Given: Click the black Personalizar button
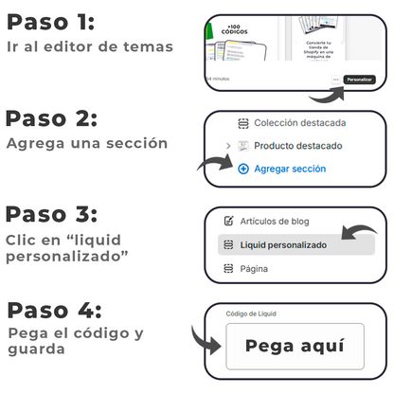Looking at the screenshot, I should [x=359, y=80].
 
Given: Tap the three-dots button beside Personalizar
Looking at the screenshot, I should [x=336, y=80].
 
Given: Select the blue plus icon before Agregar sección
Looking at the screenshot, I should [x=243, y=169].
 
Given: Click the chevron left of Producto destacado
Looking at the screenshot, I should [x=227, y=146].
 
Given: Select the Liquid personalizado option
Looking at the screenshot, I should [x=284, y=244].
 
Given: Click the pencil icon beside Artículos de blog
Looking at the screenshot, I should [x=227, y=221].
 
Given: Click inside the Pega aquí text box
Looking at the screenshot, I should [x=295, y=346].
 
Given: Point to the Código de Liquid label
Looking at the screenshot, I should [x=251, y=314].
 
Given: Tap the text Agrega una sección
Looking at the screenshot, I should [x=87, y=143].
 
